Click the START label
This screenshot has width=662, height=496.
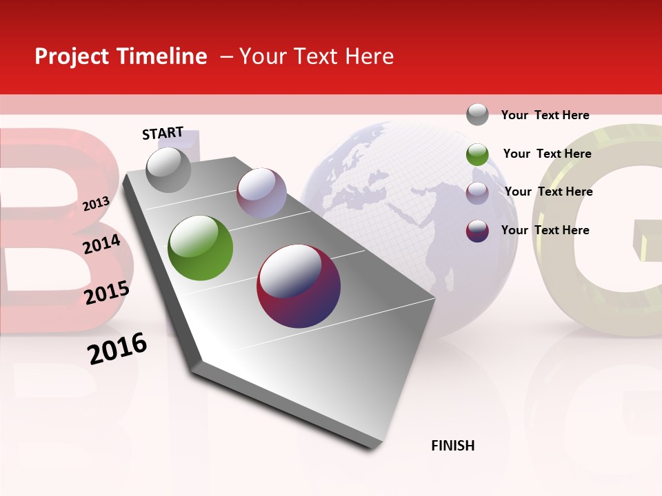pos(163,133)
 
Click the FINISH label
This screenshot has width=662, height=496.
pos(452,446)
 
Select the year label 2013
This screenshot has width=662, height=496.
pos(96,203)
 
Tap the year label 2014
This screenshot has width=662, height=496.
pos(101,244)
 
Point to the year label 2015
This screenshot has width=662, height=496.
pos(107,293)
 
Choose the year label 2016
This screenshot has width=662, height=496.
pos(117,349)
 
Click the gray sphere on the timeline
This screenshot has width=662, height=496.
pos(169,170)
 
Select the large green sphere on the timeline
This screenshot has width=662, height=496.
pos(201,248)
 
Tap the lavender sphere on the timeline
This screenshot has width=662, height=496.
pos(261,192)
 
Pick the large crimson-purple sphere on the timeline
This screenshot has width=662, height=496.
pos(299,286)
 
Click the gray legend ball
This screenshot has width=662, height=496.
pos(477,114)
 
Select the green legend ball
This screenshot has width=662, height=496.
pos(477,154)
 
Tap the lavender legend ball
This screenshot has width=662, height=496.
pos(477,193)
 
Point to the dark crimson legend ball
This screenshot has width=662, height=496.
pos(477,231)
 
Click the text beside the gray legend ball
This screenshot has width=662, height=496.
pos(545,115)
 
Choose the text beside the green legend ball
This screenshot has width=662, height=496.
pos(547,154)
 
